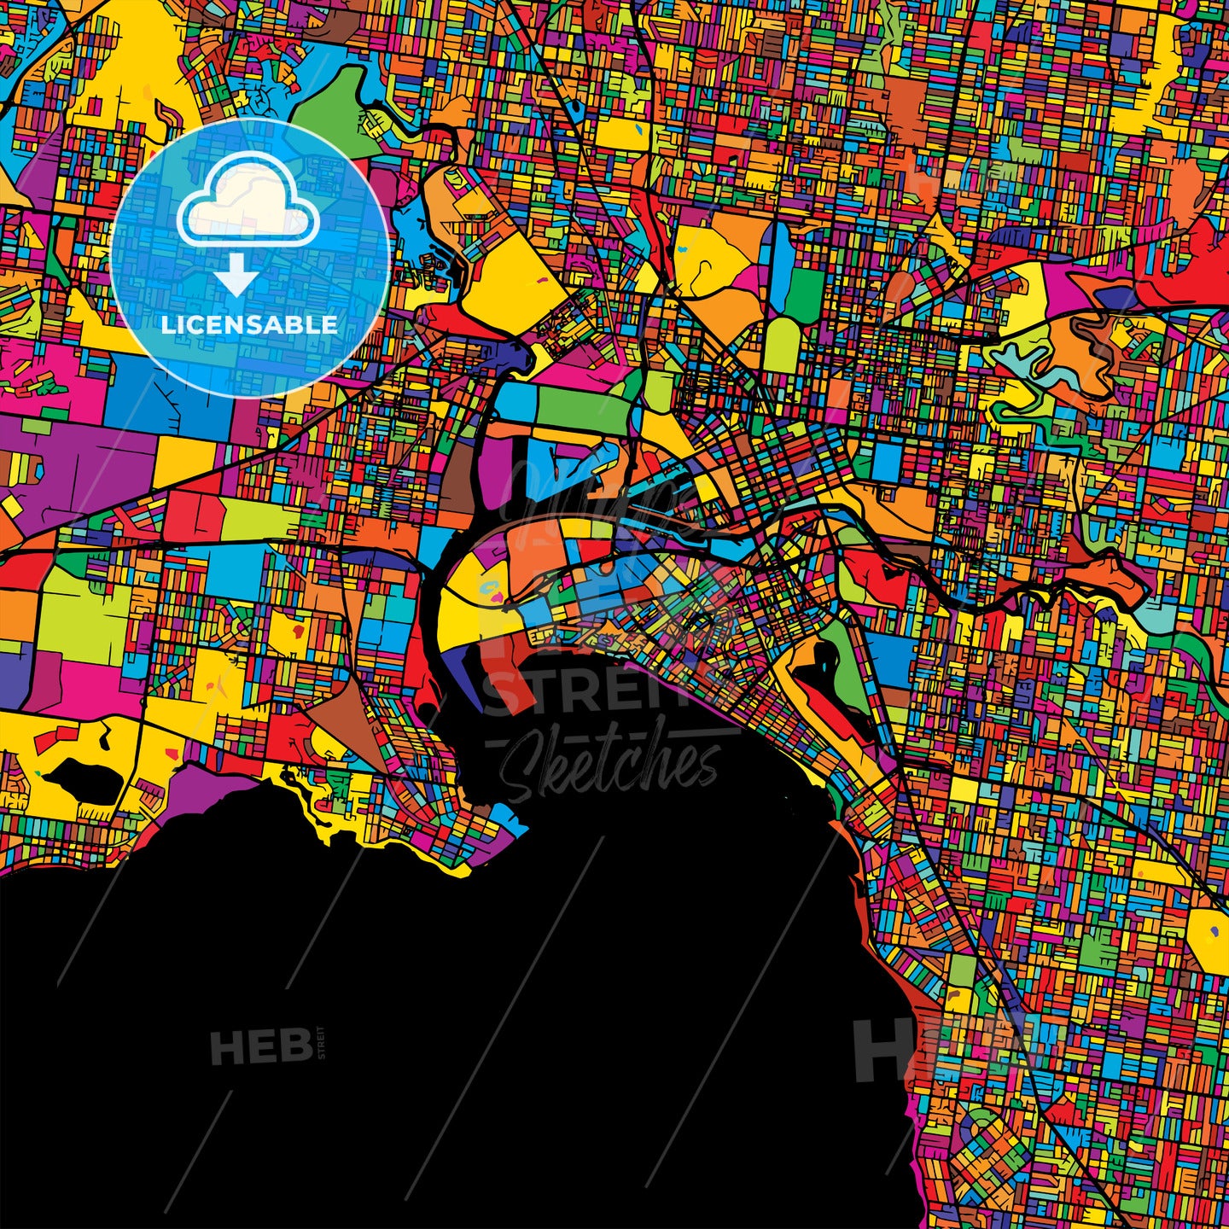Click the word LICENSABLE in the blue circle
(249, 325)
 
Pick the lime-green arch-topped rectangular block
(781, 346)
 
